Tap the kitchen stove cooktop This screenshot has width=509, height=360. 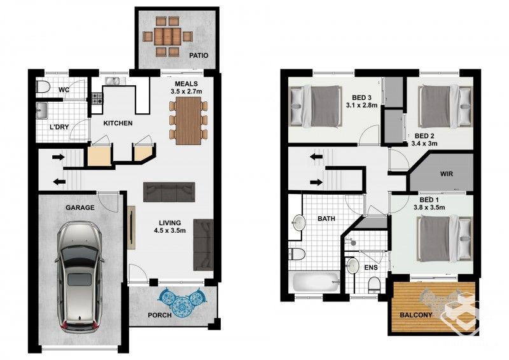click(98, 99)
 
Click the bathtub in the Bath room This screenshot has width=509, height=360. click(316, 281)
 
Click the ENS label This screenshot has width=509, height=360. click(371, 268)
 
